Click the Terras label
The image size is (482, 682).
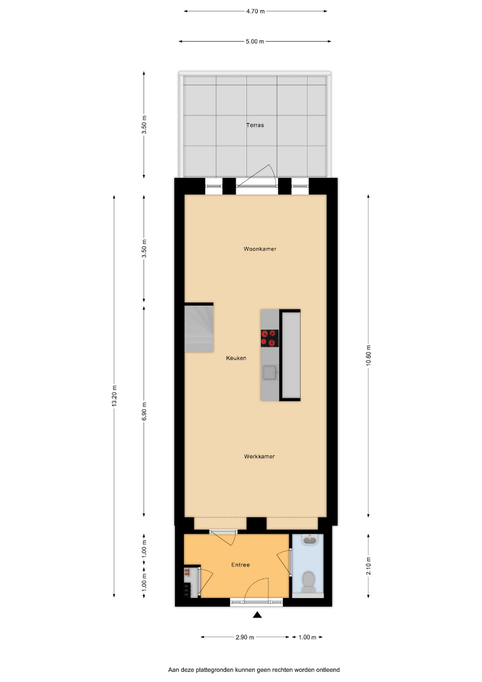255,125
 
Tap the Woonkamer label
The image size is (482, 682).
260,249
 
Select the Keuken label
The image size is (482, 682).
236,358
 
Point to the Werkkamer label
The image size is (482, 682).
259,457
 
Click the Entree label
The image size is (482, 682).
241,565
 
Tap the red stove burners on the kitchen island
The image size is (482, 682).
269,338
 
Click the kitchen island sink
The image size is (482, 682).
270,373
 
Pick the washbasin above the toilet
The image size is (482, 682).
310,540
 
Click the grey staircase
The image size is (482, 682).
199,328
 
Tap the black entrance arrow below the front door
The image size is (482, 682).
257,614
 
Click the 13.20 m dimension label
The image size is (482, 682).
114,396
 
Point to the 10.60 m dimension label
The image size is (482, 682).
368,356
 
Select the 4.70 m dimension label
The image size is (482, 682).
255,11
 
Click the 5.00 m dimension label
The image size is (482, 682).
255,42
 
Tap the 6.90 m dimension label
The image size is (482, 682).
144,411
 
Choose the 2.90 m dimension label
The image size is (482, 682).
244,637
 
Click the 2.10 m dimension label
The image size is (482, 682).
368,566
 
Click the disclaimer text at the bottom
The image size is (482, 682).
254,670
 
